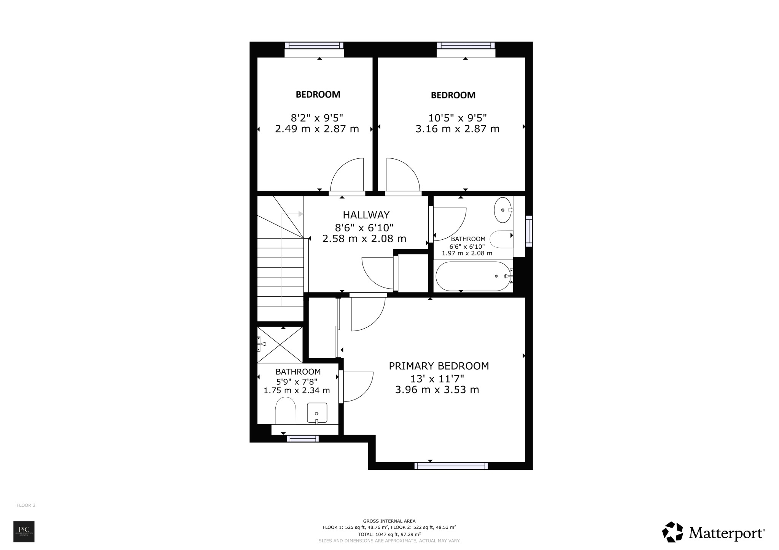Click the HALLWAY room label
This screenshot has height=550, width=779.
pos(366,215)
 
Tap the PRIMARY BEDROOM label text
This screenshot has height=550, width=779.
pos(439,366)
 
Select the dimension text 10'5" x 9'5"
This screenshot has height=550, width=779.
pos(457,118)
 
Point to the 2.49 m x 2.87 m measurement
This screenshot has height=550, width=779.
pos(317,129)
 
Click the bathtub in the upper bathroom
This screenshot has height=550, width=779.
pos(473,276)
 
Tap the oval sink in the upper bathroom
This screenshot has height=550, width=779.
pos(502,210)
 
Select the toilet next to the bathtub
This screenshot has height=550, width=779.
pos(501,239)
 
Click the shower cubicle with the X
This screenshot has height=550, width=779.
pos(280,344)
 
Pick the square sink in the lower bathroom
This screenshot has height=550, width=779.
pos(317,413)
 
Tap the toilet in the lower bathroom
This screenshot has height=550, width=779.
pos(285,411)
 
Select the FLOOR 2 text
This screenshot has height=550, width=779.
pos(26,505)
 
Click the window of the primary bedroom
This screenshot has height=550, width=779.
pos(451,466)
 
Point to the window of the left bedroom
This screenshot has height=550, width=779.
pos(314,46)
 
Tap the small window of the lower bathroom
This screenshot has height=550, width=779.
pos(303,439)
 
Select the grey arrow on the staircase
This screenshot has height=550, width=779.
pos(300,214)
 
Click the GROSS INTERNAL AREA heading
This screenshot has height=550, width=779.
pos(389,521)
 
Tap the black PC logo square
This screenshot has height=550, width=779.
pos(24,531)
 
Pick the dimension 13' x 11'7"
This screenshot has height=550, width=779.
pos(437,379)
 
